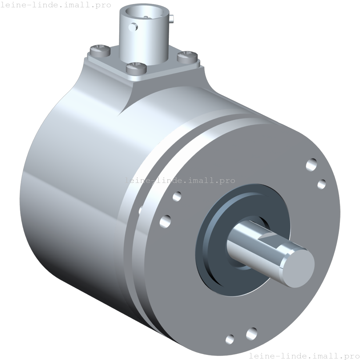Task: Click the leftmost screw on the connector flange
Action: click(x=100, y=51)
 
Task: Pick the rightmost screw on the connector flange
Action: click(x=187, y=57)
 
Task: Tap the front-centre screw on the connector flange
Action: click(x=136, y=68)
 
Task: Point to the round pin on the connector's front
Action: click(x=133, y=27)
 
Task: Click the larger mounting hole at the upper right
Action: click(x=312, y=165)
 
